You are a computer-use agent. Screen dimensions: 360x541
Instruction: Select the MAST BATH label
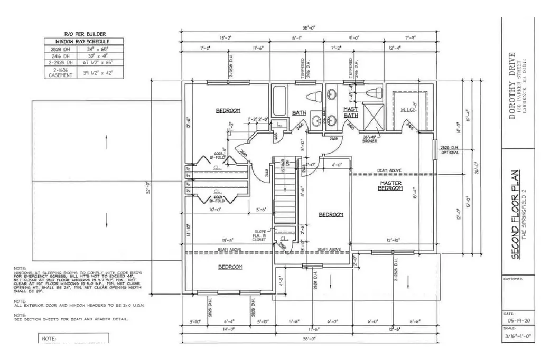click(351, 112)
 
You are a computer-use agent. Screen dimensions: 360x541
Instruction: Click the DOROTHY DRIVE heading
click(511, 87)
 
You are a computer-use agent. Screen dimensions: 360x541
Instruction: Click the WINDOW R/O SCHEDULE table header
click(82, 41)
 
